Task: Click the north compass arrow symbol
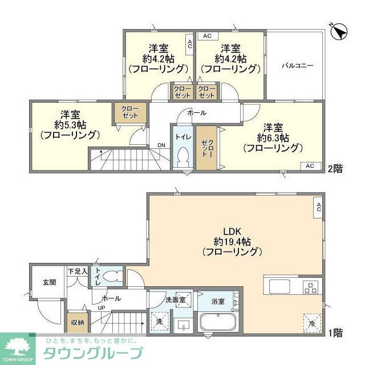click(x=339, y=31)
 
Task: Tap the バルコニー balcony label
click(x=297, y=66)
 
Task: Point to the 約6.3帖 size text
click(x=272, y=137)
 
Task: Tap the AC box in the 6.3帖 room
click(x=310, y=166)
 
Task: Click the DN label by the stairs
click(x=161, y=145)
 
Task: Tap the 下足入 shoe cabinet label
click(x=77, y=272)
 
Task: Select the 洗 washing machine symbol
click(x=159, y=322)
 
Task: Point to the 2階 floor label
click(x=335, y=168)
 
